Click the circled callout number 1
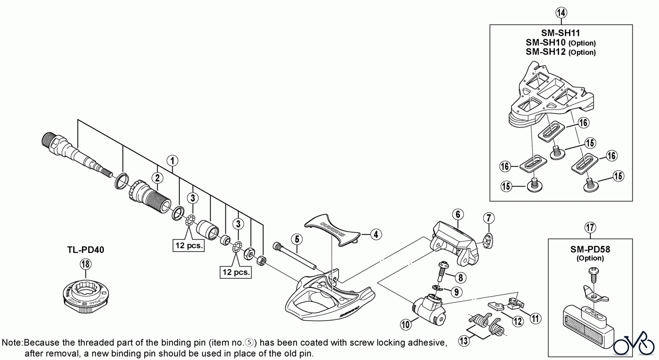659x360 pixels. [x=172, y=161]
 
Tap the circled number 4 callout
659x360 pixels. [x=376, y=234]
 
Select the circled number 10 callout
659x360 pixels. [x=405, y=324]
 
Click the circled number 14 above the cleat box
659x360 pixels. [x=561, y=13]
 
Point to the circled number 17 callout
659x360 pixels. [x=590, y=228]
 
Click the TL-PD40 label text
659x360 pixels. [x=86, y=250]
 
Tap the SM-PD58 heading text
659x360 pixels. [x=590, y=249]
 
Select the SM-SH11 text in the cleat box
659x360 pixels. [x=561, y=33]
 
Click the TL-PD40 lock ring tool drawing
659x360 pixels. [x=85, y=293]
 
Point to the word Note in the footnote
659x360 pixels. [x=12, y=343]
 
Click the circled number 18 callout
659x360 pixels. [x=85, y=264]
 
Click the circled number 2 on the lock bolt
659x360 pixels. [x=157, y=178]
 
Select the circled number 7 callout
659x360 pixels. [x=488, y=219]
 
